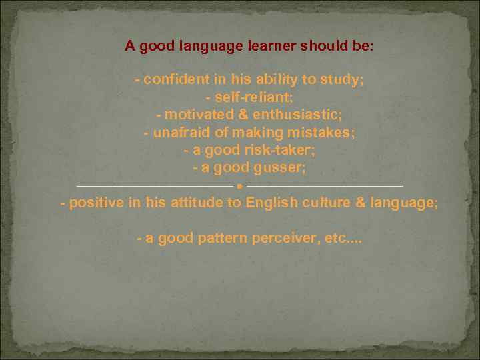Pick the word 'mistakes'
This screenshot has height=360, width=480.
pos(328,132)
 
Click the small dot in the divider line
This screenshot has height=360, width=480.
pos(241,186)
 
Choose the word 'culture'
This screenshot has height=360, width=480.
pos(325,203)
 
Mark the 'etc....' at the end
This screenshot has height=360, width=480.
pos(342,238)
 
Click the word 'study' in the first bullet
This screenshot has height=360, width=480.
pos(341,80)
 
